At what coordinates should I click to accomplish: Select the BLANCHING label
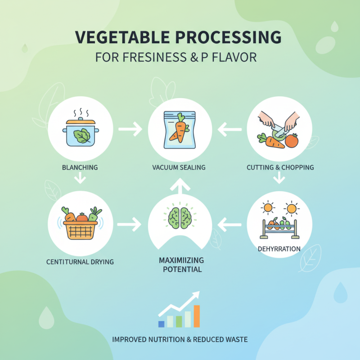(x=80, y=167)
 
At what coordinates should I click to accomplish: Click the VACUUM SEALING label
(x=179, y=167)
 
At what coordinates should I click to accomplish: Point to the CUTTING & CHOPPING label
(x=280, y=167)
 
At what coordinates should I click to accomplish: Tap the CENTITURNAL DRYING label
(x=80, y=261)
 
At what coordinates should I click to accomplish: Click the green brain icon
(x=180, y=216)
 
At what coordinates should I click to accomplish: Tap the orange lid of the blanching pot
(x=81, y=121)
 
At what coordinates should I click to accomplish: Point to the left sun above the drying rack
(x=269, y=208)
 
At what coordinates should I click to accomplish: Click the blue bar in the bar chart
(x=161, y=324)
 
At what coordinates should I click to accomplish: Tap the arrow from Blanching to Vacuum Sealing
(x=129, y=130)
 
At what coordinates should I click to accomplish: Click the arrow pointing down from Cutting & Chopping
(x=279, y=179)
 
